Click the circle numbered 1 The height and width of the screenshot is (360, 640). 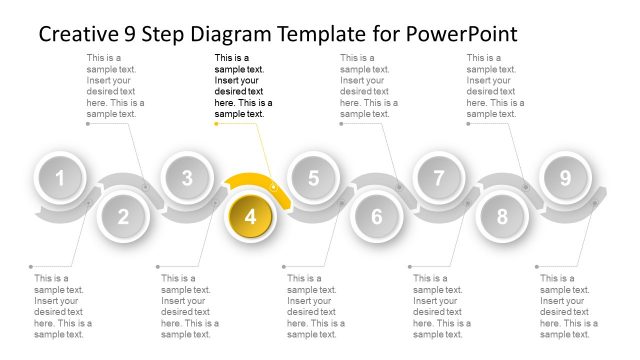pyautogui.click(x=60, y=179)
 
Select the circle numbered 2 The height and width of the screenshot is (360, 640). pyautogui.click(x=123, y=216)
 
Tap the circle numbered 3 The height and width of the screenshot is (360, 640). pyautogui.click(x=187, y=179)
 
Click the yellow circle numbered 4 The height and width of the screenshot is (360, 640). pyautogui.click(x=250, y=216)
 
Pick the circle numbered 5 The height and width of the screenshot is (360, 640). pyautogui.click(x=313, y=179)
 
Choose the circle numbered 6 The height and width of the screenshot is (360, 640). pyautogui.click(x=376, y=216)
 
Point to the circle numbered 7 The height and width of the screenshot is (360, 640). pyautogui.click(x=439, y=179)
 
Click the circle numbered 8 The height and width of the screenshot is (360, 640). pyautogui.click(x=502, y=216)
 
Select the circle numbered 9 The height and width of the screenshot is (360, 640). pyautogui.click(x=565, y=179)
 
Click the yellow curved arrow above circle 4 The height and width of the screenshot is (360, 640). pyautogui.click(x=258, y=184)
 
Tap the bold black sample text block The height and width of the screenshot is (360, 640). pyautogui.click(x=243, y=86)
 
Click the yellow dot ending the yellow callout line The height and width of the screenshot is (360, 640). pyautogui.click(x=216, y=124)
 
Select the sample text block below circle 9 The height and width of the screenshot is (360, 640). pyautogui.click(x=568, y=306)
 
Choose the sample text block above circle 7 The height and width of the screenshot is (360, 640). pyautogui.click(x=495, y=86)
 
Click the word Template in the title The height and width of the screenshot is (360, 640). pyautogui.click(x=324, y=34)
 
